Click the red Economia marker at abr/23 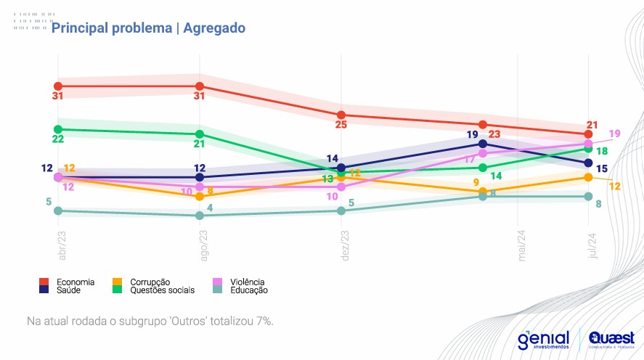(x=58, y=86)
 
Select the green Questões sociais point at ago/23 (x=200, y=134)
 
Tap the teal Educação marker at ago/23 (x=200, y=216)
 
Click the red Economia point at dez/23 (x=341, y=115)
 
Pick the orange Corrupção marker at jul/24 (x=589, y=177)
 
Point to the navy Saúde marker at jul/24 (x=589, y=163)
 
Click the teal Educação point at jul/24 (x=589, y=197)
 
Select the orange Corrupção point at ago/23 (x=200, y=196)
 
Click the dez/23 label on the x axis (x=346, y=246)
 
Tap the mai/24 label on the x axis (x=521, y=245)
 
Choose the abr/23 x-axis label (x=62, y=246)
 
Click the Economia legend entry (x=73, y=282)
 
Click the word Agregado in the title (x=214, y=28)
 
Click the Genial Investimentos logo (x=544, y=339)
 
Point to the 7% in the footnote (x=264, y=320)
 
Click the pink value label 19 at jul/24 (x=614, y=134)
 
